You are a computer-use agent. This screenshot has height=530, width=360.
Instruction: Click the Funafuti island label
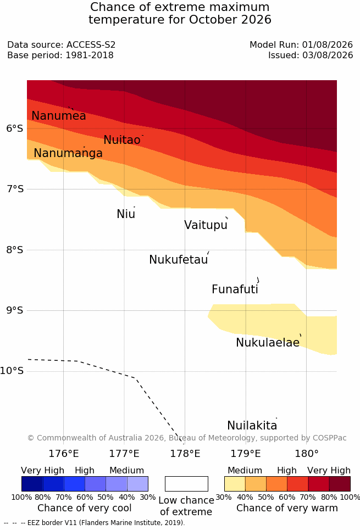click(235, 289)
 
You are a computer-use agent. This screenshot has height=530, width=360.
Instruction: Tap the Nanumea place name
click(58, 115)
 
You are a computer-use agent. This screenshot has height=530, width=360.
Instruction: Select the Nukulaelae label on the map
click(268, 342)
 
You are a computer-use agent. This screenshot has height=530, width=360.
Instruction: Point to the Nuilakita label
click(252, 425)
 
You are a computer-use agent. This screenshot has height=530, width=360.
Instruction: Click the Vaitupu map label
click(206, 225)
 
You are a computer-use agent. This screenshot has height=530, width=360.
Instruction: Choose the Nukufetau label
click(178, 260)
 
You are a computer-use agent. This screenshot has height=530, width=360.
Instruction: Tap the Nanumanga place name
click(68, 153)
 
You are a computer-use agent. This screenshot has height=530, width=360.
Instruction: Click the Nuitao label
click(122, 140)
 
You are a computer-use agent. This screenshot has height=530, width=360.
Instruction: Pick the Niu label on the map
click(126, 214)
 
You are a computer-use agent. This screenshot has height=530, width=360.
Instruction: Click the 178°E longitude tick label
click(185, 453)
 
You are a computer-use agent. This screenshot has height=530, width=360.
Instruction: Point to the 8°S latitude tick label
click(15, 250)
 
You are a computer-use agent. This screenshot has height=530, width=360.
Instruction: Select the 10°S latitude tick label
click(12, 371)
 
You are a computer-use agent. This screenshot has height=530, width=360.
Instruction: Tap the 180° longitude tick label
click(307, 453)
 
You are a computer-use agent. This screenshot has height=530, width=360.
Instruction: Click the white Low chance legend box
click(186, 484)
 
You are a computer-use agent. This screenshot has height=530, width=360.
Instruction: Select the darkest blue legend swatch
click(32, 484)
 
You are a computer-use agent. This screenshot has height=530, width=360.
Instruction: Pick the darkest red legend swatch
click(340, 484)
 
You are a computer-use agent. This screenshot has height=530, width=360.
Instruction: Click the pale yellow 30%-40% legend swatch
click(235, 484)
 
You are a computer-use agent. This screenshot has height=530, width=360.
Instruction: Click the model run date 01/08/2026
click(328, 44)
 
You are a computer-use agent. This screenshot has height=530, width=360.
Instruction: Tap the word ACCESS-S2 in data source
click(91, 44)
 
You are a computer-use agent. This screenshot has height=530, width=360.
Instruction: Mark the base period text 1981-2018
click(90, 55)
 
